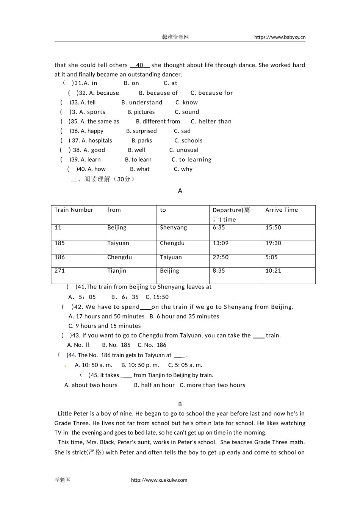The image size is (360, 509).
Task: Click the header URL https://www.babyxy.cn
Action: [x=280, y=37]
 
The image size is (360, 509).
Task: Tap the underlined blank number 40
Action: [x=139, y=65]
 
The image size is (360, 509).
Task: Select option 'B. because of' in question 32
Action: [x=158, y=93]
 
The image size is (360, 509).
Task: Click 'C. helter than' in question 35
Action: [x=211, y=122]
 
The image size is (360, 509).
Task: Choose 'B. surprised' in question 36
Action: [x=141, y=131]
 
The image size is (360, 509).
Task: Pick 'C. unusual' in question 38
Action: [x=184, y=150]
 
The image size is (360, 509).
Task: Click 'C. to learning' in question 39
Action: [x=191, y=160]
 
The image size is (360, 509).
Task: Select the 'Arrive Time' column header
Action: [x=282, y=210]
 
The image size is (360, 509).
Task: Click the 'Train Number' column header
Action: [x=74, y=210]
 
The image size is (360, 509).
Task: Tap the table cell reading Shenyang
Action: [x=174, y=228]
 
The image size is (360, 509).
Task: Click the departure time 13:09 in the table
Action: [x=221, y=243]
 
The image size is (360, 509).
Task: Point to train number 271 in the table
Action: [x=59, y=271]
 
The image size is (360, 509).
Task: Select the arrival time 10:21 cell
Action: [x=273, y=271]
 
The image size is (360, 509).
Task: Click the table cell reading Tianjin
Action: [x=117, y=271]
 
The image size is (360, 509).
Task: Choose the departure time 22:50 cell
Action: [x=221, y=257]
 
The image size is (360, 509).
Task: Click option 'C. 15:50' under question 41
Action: [x=157, y=297]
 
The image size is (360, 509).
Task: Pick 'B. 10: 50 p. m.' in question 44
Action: [x=140, y=365]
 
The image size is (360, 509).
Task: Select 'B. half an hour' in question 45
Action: [x=154, y=385]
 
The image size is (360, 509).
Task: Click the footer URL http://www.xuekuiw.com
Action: [x=159, y=480]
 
